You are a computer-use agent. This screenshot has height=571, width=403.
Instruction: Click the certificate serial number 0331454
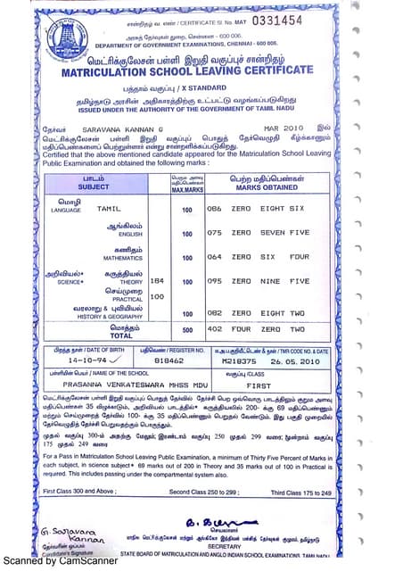(277, 19)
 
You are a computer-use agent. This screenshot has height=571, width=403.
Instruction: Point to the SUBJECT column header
(94, 187)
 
